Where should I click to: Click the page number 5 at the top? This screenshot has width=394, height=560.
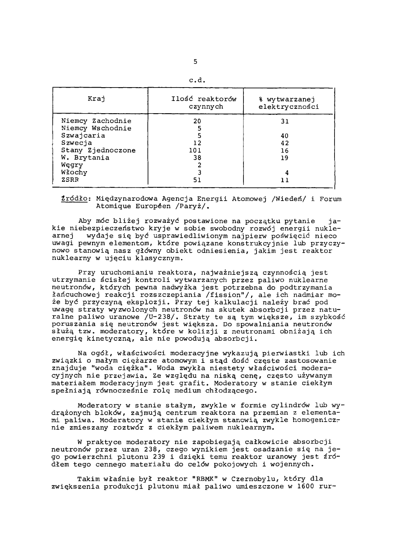click(195, 62)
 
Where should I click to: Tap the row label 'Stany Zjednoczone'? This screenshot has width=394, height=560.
click(98, 150)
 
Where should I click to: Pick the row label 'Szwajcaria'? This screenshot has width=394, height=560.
click(83, 136)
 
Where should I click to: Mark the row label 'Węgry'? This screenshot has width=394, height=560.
click(72, 165)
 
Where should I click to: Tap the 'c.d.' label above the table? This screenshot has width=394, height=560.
click(195, 80)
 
